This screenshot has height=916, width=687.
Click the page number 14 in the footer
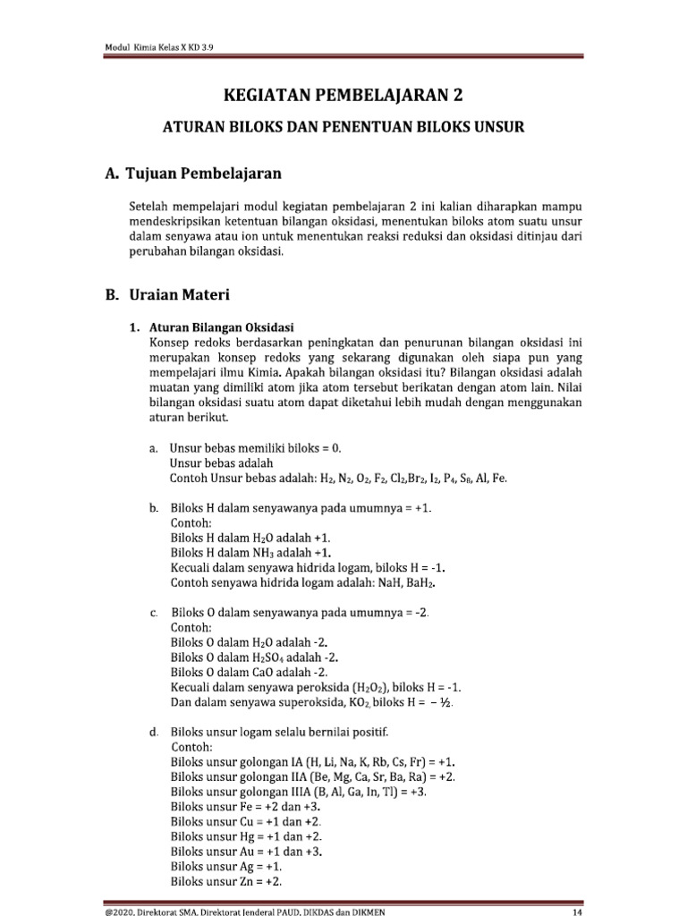click(577, 912)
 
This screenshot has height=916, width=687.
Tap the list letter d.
click(154, 732)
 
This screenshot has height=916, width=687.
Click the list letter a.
click(154, 447)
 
